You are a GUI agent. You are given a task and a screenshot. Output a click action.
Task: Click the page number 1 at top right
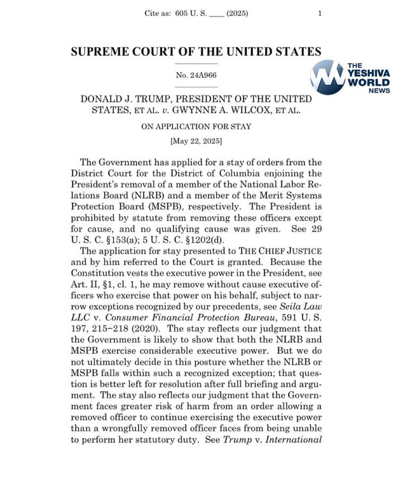pyautogui.click(x=320, y=13)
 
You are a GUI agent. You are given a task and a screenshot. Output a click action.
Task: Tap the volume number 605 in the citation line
pyautogui.click(x=181, y=13)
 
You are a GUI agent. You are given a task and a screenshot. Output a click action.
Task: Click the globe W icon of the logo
pyautogui.click(x=327, y=77)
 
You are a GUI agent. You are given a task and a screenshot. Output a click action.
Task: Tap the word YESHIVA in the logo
pyautogui.click(x=369, y=74)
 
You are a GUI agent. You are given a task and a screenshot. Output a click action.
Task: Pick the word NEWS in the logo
pyautogui.click(x=379, y=91)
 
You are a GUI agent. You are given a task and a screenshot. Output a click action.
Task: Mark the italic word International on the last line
pyautogui.click(x=294, y=440)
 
